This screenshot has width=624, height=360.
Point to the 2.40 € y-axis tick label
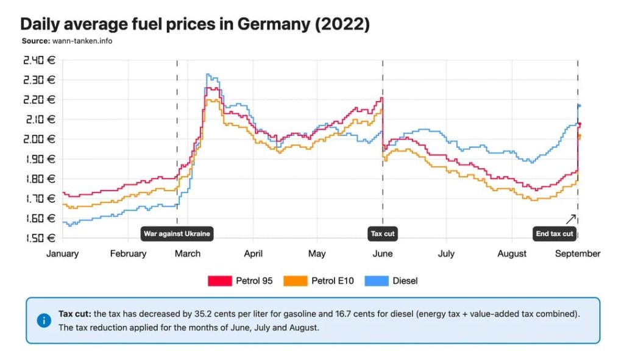click(39, 60)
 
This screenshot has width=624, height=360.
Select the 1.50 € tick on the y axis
click(39, 238)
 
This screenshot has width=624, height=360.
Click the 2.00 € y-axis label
click(39, 139)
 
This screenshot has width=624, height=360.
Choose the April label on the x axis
click(253, 253)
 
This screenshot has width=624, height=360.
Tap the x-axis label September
click(578, 253)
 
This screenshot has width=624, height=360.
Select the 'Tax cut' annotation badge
click(383, 233)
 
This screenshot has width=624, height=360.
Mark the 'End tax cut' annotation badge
click(554, 233)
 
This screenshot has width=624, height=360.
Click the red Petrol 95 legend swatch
click(219, 281)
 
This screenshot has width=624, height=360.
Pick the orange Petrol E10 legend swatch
click(295, 281)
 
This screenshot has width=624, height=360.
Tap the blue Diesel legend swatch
click(375, 281)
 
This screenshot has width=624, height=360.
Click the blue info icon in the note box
click(44, 320)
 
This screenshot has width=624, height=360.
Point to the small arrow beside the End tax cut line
click(570, 219)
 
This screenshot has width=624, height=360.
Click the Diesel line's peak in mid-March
click(208, 75)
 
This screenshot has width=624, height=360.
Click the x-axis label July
click(446, 253)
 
